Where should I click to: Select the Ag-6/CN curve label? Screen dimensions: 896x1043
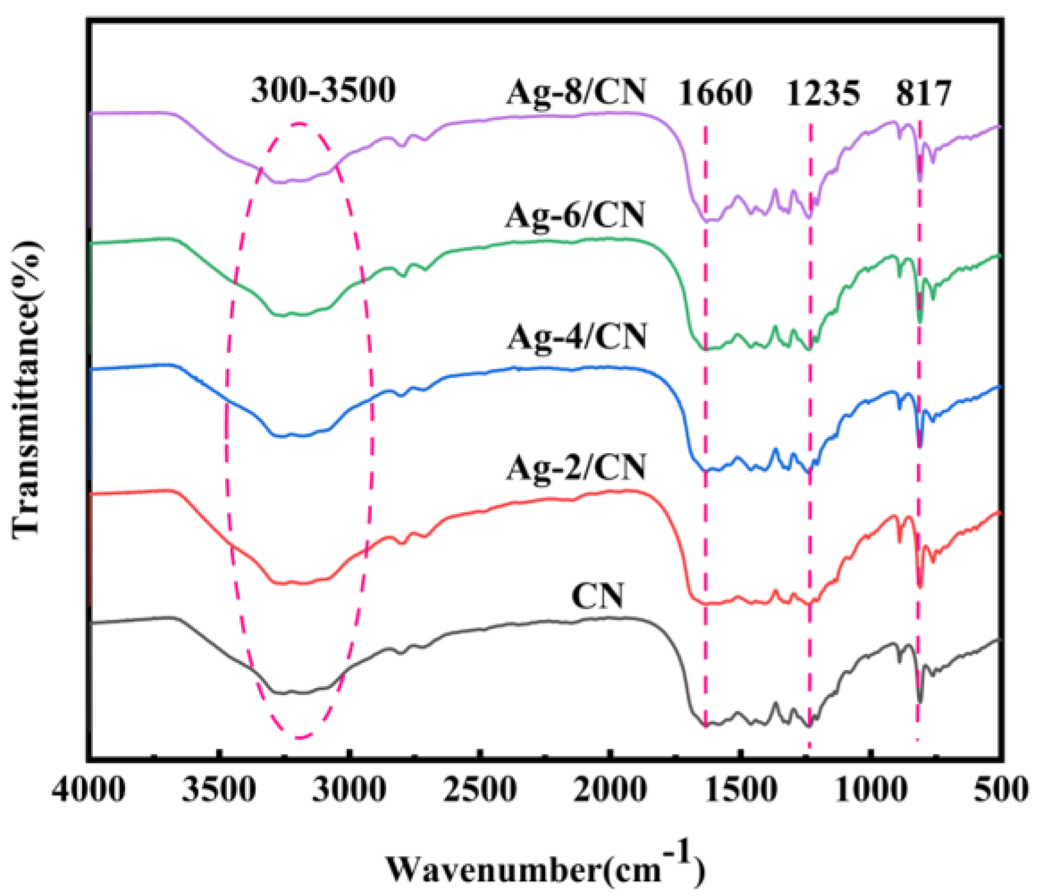tap(575, 215)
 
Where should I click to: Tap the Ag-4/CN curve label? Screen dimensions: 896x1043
tap(577, 337)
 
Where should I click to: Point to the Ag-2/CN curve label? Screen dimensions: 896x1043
tap(576, 467)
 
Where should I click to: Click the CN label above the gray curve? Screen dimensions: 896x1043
tap(597, 596)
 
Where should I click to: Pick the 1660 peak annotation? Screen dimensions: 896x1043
tap(715, 93)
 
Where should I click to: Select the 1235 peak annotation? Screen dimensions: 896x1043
tap(823, 93)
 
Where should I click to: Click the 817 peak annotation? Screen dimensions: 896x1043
tap(924, 93)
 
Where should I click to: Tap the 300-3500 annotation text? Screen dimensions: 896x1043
tap(323, 91)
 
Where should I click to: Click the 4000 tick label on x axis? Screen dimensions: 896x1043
tap(89, 790)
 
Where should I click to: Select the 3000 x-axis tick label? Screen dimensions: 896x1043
tap(349, 790)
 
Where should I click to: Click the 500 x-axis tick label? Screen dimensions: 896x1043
tap(1001, 790)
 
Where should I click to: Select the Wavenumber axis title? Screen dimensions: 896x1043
tap(545, 867)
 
